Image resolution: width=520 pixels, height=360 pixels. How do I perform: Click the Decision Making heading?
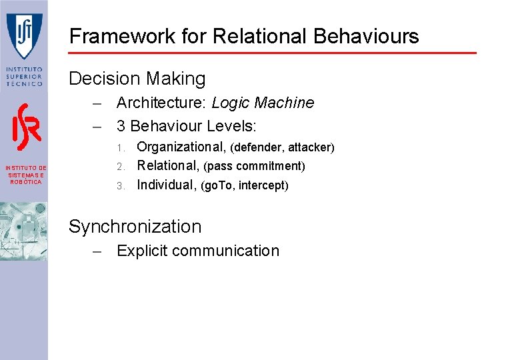137,79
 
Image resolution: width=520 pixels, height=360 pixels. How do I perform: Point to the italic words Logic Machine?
263,103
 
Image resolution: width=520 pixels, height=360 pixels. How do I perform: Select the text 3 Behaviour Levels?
187,125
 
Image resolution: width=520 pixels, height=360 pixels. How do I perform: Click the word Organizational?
181,147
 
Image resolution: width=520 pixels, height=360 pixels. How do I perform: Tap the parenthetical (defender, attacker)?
282,147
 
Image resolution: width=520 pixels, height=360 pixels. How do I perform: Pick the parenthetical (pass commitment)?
254,166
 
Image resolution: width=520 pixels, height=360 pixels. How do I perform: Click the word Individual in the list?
166,185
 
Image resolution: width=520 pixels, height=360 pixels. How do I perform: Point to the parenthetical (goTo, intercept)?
245,185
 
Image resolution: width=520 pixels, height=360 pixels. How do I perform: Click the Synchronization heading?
135,227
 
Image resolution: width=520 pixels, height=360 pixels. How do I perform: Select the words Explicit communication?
197,251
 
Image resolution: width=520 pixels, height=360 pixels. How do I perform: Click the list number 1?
120,147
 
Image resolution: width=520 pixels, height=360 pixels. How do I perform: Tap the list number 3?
120,186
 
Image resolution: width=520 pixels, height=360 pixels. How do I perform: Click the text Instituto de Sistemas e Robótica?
24,175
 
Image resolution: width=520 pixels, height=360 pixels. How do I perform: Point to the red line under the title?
273,53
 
